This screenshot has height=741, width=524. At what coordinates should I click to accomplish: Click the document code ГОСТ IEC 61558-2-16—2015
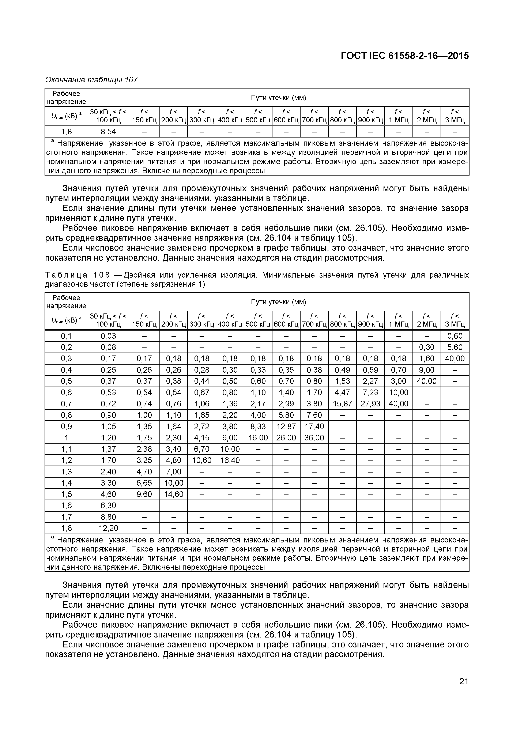coord(405,56)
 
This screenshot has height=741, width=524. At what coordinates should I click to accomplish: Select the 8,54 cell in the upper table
coord(108,132)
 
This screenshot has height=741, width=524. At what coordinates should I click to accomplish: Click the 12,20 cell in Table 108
coord(108,528)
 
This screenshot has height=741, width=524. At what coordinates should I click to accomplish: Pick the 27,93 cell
coord(370,404)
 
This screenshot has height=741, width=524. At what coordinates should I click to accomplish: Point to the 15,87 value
coord(342,404)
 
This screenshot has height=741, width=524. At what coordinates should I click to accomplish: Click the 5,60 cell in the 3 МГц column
coord(455,347)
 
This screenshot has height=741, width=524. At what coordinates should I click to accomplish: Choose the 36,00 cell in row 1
coord(314,438)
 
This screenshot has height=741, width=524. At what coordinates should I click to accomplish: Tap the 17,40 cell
coord(314,426)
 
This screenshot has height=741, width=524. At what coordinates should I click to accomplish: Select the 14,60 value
coord(174,494)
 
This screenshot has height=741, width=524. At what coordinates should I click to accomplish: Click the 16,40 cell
coord(230,460)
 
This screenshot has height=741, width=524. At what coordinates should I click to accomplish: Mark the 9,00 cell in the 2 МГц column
coord(427,370)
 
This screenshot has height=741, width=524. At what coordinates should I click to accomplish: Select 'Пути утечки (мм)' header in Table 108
coord(278,302)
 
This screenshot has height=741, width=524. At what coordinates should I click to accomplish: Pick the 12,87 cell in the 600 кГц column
coord(286,426)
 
